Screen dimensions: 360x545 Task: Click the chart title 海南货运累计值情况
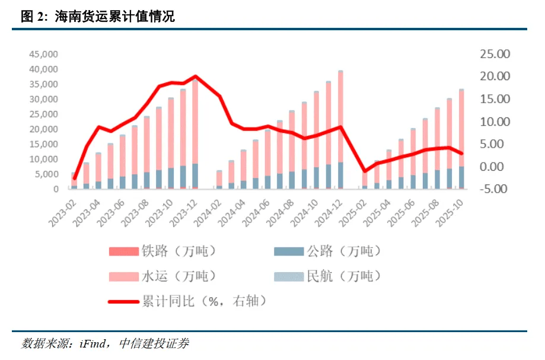(x=114, y=17)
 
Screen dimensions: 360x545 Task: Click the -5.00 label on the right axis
(x=495, y=189)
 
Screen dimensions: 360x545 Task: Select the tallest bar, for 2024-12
(x=340, y=130)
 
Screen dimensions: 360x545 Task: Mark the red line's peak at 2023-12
(x=195, y=77)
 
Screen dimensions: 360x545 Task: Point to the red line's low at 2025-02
(x=365, y=171)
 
